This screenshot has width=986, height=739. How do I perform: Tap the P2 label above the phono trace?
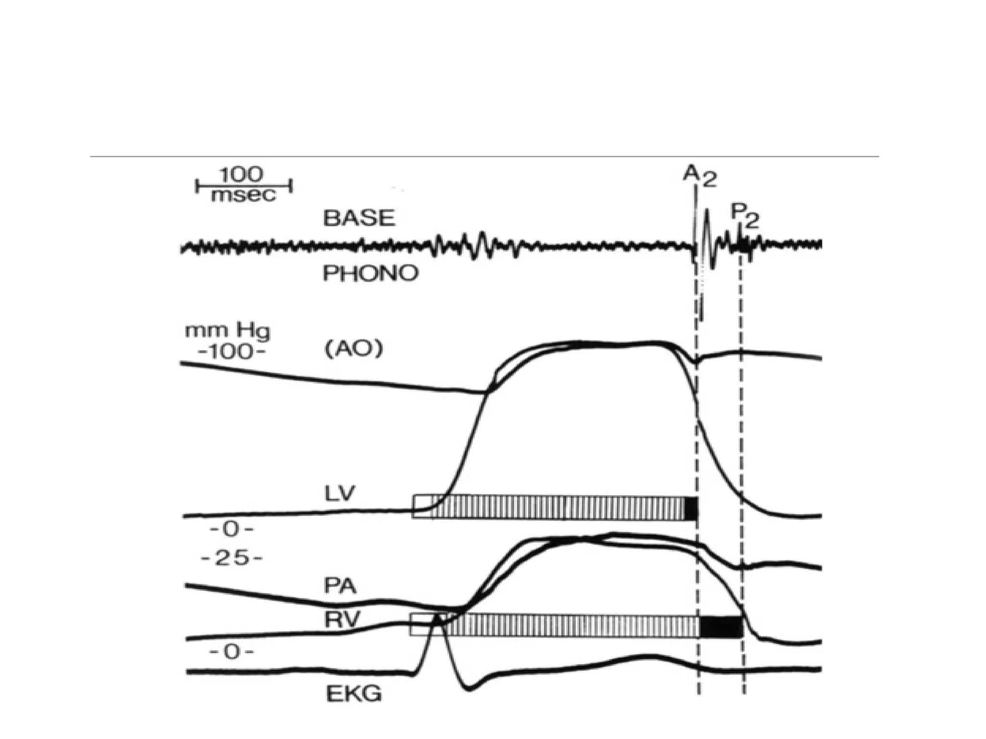tap(744, 216)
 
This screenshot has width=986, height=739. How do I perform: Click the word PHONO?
tap(370, 273)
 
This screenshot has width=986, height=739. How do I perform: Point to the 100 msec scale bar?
tap(244, 185)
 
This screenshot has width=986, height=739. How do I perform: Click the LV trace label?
tap(340, 494)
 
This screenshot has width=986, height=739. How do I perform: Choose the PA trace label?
tap(340, 586)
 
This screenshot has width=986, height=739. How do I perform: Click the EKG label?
tap(354, 694)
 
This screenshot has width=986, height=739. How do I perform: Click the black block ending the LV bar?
tap(691, 508)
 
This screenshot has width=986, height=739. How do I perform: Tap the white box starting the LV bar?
tap(422, 506)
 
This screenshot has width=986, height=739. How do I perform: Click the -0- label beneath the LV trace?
tap(232, 530)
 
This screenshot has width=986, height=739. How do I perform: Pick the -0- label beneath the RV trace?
tap(231, 652)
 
